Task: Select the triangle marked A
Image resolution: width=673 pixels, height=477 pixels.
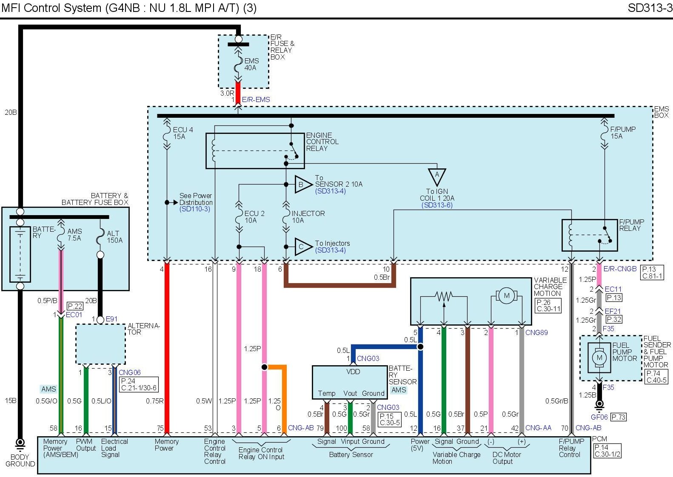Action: click(436, 176)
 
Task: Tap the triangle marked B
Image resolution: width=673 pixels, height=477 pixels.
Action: click(302, 185)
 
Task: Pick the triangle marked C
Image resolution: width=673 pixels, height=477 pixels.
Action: click(302, 247)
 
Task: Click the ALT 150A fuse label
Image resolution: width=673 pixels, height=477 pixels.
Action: click(114, 237)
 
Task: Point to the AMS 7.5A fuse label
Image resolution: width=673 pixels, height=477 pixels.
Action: click(74, 235)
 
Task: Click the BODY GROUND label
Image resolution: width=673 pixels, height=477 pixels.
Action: click(20, 460)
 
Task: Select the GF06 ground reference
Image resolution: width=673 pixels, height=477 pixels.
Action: click(599, 417)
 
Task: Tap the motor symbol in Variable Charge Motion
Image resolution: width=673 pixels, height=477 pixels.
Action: click(506, 296)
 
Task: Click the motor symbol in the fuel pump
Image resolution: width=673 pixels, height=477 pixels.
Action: click(599, 357)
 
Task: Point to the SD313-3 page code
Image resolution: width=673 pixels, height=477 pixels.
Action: click(650, 8)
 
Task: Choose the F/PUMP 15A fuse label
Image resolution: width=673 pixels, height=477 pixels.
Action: click(623, 133)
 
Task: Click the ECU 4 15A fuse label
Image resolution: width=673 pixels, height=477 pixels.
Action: click(183, 133)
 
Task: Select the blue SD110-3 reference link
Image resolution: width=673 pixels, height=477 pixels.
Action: click(195, 209)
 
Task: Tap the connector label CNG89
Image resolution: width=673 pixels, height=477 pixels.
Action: click(536, 332)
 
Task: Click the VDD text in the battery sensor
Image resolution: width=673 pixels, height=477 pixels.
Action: click(353, 372)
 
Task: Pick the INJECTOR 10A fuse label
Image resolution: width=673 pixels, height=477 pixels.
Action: click(308, 217)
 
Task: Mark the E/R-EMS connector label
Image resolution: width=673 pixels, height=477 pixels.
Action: click(256, 99)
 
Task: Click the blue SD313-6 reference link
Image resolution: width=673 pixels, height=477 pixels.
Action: click(437, 205)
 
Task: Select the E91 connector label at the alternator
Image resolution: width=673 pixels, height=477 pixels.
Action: click(111, 319)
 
